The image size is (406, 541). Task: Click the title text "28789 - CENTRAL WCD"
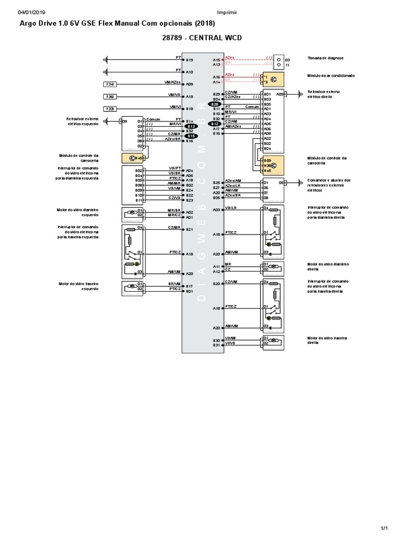(x=204, y=39)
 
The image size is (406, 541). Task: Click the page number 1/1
(x=384, y=528)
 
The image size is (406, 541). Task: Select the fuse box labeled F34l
(x=111, y=84)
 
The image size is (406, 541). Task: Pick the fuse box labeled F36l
(x=111, y=97)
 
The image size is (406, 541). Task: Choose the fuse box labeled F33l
(x=111, y=109)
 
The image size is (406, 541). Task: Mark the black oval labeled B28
(x=215, y=105)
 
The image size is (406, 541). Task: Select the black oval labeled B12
(x=215, y=124)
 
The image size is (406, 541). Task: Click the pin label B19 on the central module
(x=190, y=60)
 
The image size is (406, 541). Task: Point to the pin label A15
(x=216, y=60)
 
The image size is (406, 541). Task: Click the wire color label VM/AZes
(x=172, y=82)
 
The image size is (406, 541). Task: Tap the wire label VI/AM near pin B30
(x=229, y=338)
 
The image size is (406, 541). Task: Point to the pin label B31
(x=216, y=344)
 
